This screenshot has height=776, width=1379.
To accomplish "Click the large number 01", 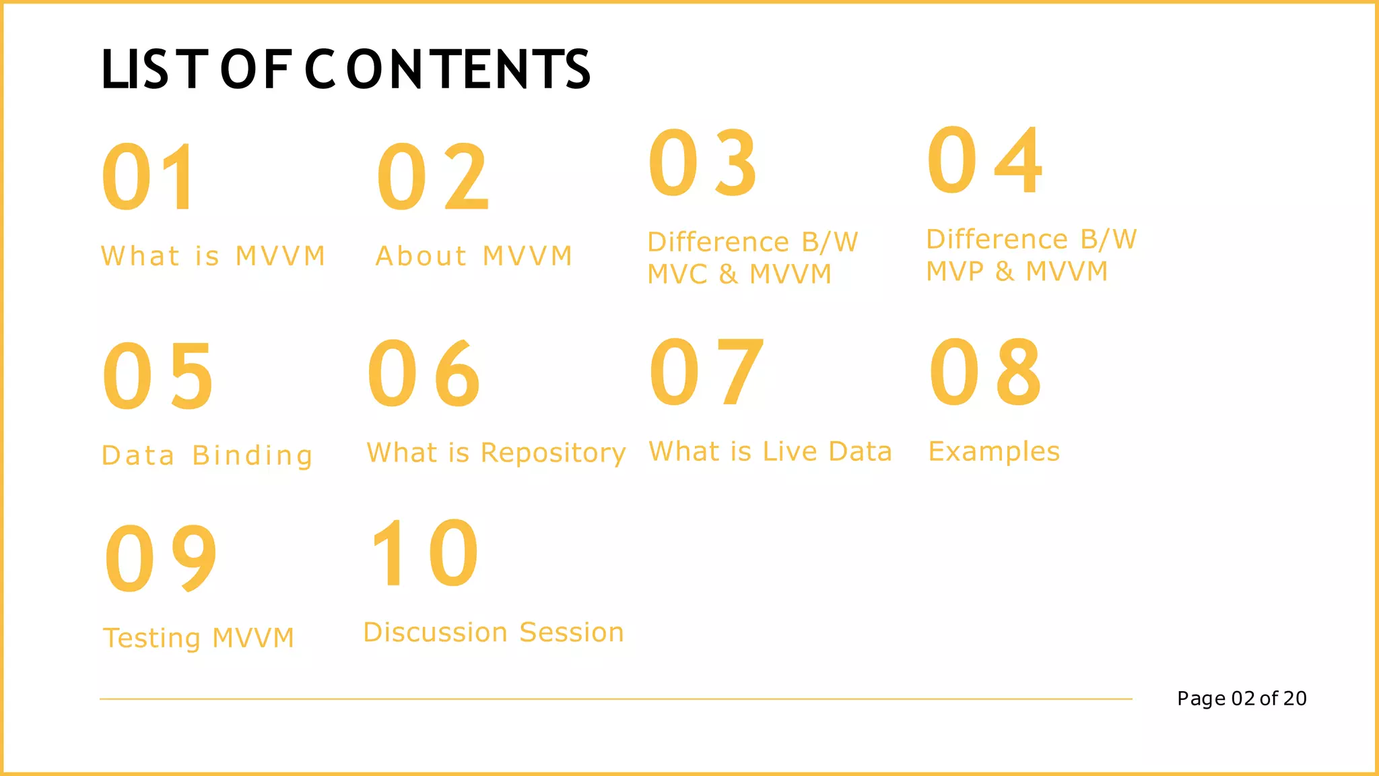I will pyautogui.click(x=149, y=177).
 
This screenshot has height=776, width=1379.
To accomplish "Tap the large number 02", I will pyautogui.click(x=433, y=177).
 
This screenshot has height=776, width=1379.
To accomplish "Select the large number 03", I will pyautogui.click(x=703, y=163).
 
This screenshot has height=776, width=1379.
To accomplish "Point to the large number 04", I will pyautogui.click(x=984, y=160).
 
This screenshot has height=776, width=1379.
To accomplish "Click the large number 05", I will pyautogui.click(x=158, y=375).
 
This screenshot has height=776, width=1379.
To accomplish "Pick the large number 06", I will pyautogui.click(x=424, y=373).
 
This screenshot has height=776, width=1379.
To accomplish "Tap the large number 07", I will pyautogui.click(x=706, y=372).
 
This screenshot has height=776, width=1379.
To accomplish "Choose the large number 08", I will pyautogui.click(x=985, y=372).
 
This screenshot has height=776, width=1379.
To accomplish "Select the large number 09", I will pyautogui.click(x=162, y=558).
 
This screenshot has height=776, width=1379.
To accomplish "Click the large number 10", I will pyautogui.click(x=425, y=554).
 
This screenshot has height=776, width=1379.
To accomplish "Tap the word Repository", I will pyautogui.click(x=553, y=453).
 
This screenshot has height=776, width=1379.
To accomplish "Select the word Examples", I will pyautogui.click(x=994, y=451).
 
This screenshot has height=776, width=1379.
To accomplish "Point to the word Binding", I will pyautogui.click(x=253, y=456).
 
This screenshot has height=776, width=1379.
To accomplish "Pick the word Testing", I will pyautogui.click(x=152, y=638).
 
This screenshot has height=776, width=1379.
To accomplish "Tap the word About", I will pyautogui.click(x=421, y=256).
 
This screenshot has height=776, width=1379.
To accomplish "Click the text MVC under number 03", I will pyautogui.click(x=677, y=274).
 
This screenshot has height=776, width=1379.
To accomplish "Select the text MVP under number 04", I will pyautogui.click(x=955, y=271).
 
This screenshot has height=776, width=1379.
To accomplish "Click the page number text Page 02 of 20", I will pyautogui.click(x=1242, y=699).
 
